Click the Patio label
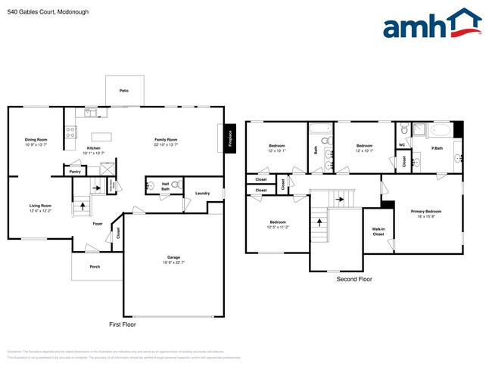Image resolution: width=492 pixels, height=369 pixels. (123, 91)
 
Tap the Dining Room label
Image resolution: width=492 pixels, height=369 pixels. (36, 141)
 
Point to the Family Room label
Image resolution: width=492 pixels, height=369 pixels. (166, 141)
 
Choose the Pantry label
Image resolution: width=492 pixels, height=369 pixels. (75, 172)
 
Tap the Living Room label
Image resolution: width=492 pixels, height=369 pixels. (40, 207)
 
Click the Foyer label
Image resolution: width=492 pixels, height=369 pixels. (98, 223)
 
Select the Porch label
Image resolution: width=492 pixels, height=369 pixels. (95, 266)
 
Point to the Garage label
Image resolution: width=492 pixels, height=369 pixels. (174, 260)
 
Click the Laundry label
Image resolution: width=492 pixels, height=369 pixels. (202, 194)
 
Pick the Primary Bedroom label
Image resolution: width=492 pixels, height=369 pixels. (426, 213)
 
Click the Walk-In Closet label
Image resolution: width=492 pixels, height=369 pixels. (378, 231)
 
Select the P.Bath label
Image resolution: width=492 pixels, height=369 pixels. (437, 148)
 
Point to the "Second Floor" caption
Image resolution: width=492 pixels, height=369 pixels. (354, 279)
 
